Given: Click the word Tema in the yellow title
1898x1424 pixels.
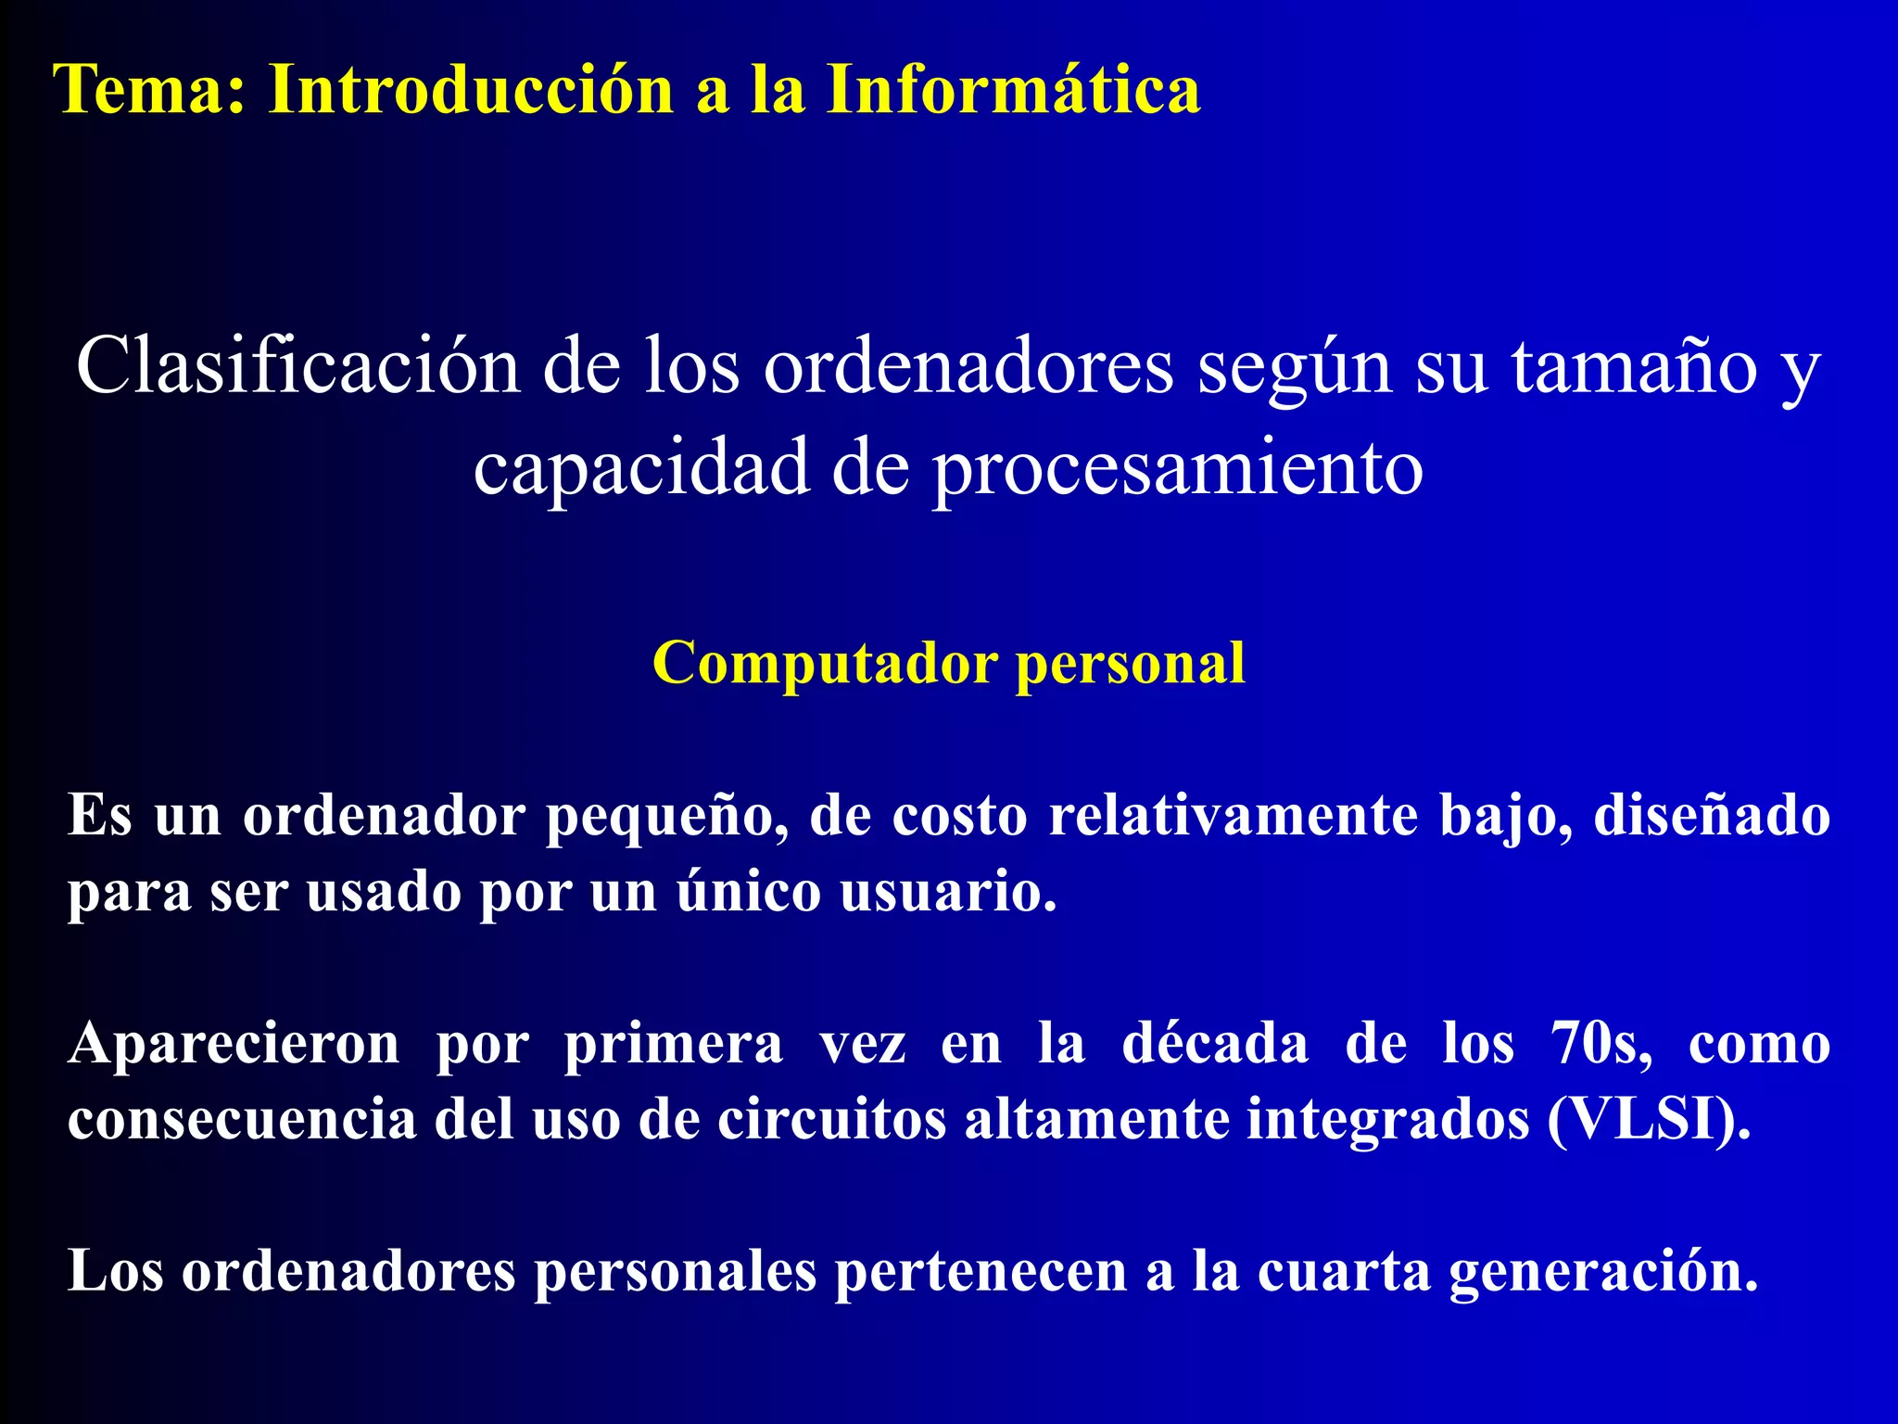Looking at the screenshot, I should click(x=149, y=90).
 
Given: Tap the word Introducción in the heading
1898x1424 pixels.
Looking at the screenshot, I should click(x=471, y=90).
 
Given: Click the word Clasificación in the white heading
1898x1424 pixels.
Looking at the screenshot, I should click(x=297, y=365).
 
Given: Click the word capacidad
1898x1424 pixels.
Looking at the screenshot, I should click(x=640, y=466).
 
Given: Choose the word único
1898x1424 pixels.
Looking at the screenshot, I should click(x=749, y=892).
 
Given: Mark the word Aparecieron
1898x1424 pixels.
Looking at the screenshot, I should click(x=234, y=1044).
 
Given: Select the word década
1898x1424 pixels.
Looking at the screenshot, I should click(x=1215, y=1044).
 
